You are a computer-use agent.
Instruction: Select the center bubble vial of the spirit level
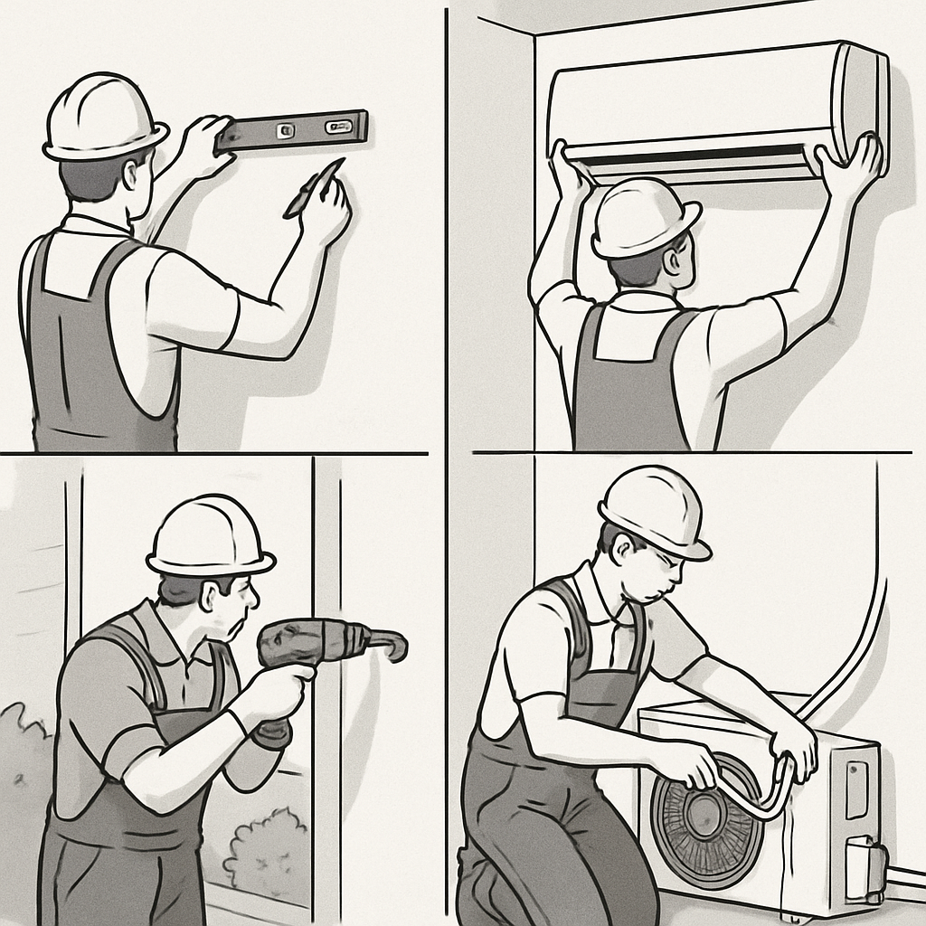point(287,130)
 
